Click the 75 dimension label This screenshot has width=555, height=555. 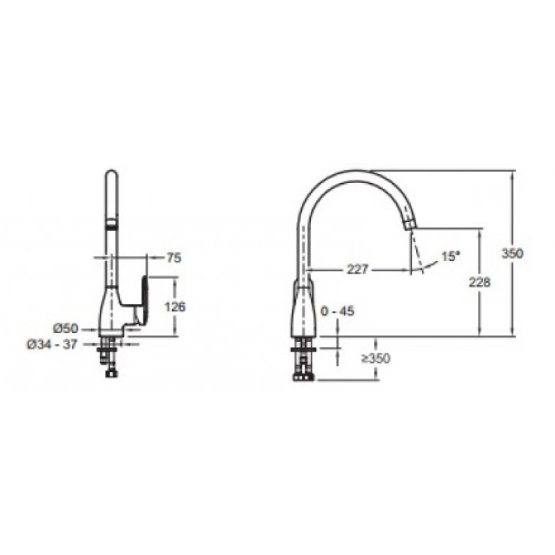tap(174, 257)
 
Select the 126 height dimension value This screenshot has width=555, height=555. tap(175, 307)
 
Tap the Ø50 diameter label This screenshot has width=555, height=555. tap(65, 328)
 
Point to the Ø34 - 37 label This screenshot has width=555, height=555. tap(52, 344)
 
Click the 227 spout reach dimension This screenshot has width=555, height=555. tap(357, 270)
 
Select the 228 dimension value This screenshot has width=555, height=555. tap(479, 282)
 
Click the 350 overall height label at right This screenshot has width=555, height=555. tap(512, 253)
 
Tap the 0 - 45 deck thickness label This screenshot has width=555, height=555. tap(337, 311)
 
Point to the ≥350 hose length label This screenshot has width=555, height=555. tap(375, 358)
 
